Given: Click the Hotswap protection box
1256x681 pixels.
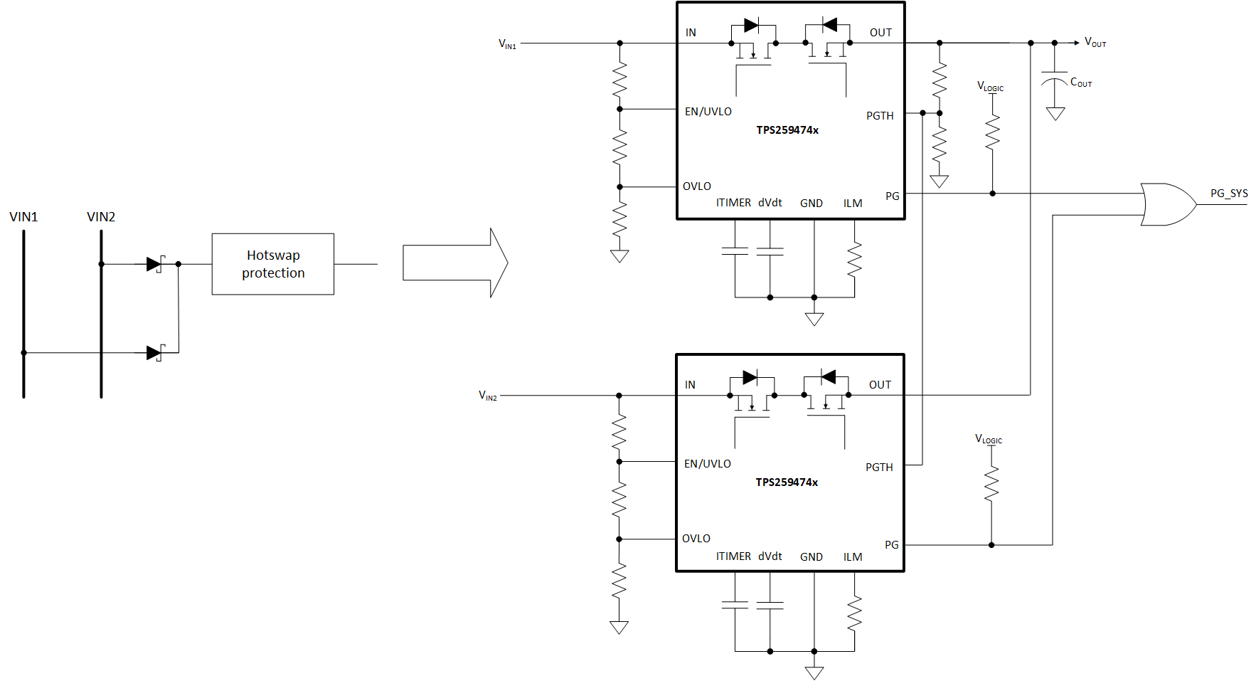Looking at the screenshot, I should (x=272, y=264).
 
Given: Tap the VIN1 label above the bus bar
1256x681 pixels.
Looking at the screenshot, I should (x=23, y=217).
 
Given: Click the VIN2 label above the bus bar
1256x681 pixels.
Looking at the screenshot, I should (x=101, y=217).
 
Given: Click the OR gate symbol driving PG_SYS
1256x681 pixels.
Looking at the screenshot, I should (x=1166, y=204).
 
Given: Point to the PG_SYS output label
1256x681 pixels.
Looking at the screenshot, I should (x=1229, y=194).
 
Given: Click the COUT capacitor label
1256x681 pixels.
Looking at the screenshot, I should (x=1080, y=83).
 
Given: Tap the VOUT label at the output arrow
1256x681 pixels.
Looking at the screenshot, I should (x=1095, y=43).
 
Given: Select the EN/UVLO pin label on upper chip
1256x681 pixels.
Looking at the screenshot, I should (x=708, y=112).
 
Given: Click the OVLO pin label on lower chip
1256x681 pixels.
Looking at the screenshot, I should (x=696, y=539).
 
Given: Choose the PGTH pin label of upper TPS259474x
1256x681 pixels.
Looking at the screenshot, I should (x=880, y=116).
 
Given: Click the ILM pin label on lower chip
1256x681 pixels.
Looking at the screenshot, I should (x=853, y=557).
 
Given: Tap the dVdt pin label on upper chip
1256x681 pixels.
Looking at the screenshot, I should (x=770, y=203).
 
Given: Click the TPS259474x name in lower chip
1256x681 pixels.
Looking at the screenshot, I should (x=787, y=482).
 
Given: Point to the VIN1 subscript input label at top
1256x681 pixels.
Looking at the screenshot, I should (x=507, y=44).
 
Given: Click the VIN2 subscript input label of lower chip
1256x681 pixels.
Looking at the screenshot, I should (x=488, y=396).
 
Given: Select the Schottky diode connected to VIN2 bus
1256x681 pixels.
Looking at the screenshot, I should (x=154, y=264).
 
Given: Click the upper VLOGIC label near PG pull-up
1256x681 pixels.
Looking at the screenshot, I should (x=990, y=87).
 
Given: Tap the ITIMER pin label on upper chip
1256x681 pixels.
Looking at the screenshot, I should (x=733, y=203).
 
